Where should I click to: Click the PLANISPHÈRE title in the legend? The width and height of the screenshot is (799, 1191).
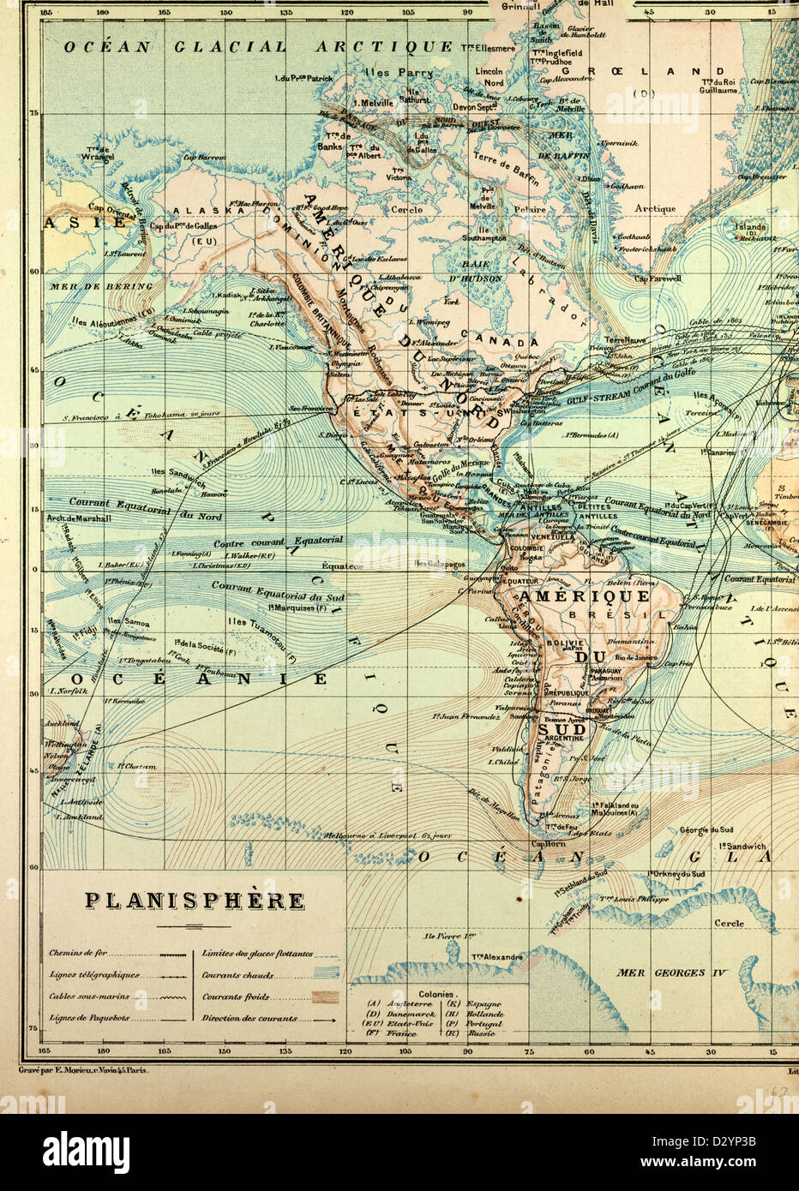tap(194, 901)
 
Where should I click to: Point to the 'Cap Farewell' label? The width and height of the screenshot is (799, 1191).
tap(658, 278)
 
